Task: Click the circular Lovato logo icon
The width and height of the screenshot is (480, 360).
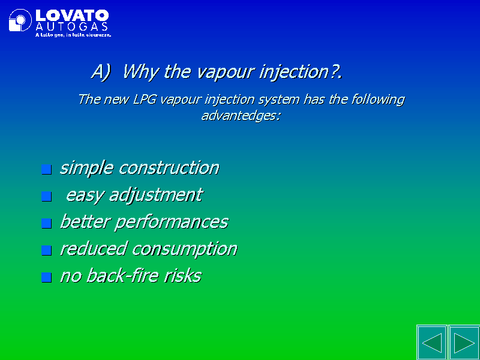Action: click(20, 20)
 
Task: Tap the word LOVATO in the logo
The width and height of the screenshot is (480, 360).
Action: click(72, 16)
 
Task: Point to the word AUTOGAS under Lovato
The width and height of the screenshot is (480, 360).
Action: click(71, 26)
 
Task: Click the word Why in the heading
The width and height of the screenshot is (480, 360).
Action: click(140, 72)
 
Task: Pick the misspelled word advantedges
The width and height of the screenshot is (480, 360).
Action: click(241, 116)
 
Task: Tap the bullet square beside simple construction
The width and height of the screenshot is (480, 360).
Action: click(47, 169)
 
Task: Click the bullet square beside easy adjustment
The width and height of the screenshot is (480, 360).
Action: click(47, 196)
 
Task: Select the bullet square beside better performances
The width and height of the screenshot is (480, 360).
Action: click(47, 223)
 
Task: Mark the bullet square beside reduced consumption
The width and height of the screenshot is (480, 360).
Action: click(47, 250)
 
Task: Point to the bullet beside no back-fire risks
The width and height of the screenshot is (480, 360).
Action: click(47, 277)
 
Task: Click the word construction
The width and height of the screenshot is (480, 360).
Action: click(169, 168)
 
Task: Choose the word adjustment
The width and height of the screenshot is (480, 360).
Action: click(156, 195)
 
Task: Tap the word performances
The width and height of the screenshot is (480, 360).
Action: click(172, 222)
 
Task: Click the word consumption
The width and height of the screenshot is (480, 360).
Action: click(185, 249)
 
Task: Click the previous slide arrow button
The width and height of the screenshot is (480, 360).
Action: click(432, 343)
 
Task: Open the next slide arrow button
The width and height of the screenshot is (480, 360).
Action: click(464, 343)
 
